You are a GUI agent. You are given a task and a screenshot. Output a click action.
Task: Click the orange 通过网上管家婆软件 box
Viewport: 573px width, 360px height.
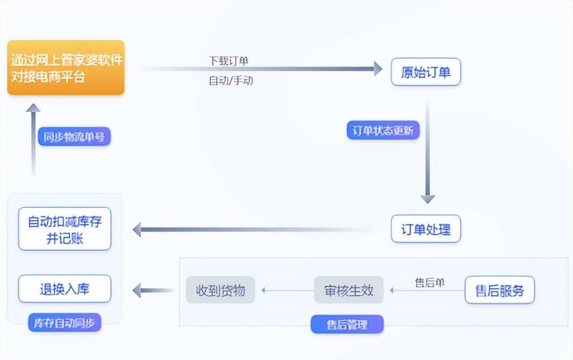click(x=66, y=68)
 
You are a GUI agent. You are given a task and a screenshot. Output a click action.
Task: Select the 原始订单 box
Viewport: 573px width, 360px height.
click(x=426, y=72)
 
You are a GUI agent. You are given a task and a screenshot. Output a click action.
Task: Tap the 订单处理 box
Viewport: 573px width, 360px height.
click(x=426, y=229)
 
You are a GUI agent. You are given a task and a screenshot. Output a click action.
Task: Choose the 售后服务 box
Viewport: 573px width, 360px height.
click(x=500, y=290)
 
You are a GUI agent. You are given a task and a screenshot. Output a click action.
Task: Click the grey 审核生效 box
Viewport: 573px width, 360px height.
click(x=349, y=290)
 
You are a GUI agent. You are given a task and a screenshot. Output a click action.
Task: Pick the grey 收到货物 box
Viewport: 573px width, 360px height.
click(x=220, y=290)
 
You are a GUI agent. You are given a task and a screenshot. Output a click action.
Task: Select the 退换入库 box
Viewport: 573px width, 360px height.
click(x=64, y=289)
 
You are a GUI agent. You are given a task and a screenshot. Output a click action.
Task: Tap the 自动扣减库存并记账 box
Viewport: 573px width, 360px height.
click(x=64, y=229)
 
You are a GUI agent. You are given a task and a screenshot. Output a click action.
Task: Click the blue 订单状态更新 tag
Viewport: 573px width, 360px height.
click(x=383, y=130)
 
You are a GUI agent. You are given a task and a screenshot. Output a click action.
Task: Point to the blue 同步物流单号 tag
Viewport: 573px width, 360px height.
click(x=74, y=137)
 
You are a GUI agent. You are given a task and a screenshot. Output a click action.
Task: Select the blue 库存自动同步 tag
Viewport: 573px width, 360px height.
click(x=64, y=323)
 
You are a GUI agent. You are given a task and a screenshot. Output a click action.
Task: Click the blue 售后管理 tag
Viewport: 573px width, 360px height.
click(x=347, y=325)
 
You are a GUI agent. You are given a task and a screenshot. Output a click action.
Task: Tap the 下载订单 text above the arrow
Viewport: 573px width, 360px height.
click(x=228, y=61)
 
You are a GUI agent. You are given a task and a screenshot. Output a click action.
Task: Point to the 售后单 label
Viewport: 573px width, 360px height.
click(x=429, y=282)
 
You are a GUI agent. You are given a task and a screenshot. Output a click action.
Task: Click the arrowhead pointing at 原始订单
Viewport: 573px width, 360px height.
click(x=378, y=69)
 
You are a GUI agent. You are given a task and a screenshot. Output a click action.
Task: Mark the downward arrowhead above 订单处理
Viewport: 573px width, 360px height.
click(x=427, y=198)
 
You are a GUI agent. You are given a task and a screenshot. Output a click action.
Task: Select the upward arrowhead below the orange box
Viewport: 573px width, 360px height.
click(x=33, y=108)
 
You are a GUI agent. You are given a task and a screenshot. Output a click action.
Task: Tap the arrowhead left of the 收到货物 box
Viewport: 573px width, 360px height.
click(x=137, y=290)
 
